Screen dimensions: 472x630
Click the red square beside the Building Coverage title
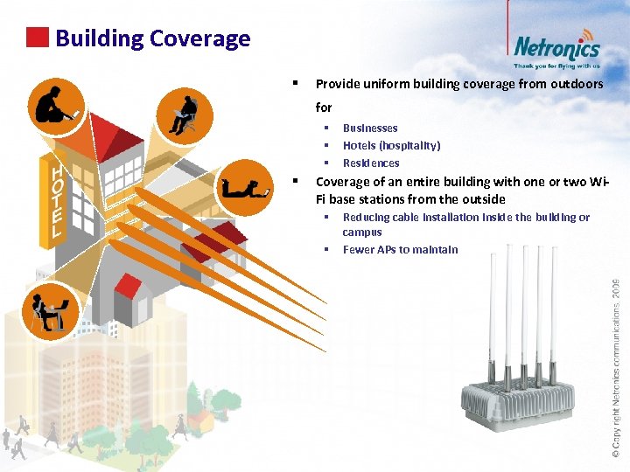pos(37,38)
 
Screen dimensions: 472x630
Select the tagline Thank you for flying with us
pos(556,66)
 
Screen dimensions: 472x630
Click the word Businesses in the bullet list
pos(370,128)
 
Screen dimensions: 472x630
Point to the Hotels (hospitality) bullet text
pos(391,146)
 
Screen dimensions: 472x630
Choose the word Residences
pos(371,163)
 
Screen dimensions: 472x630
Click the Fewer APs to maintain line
pos(400,250)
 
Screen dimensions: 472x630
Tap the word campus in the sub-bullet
pos(362,233)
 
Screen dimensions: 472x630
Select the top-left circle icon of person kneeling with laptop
pos(56,106)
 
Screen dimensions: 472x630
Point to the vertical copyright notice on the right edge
pos(616,367)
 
